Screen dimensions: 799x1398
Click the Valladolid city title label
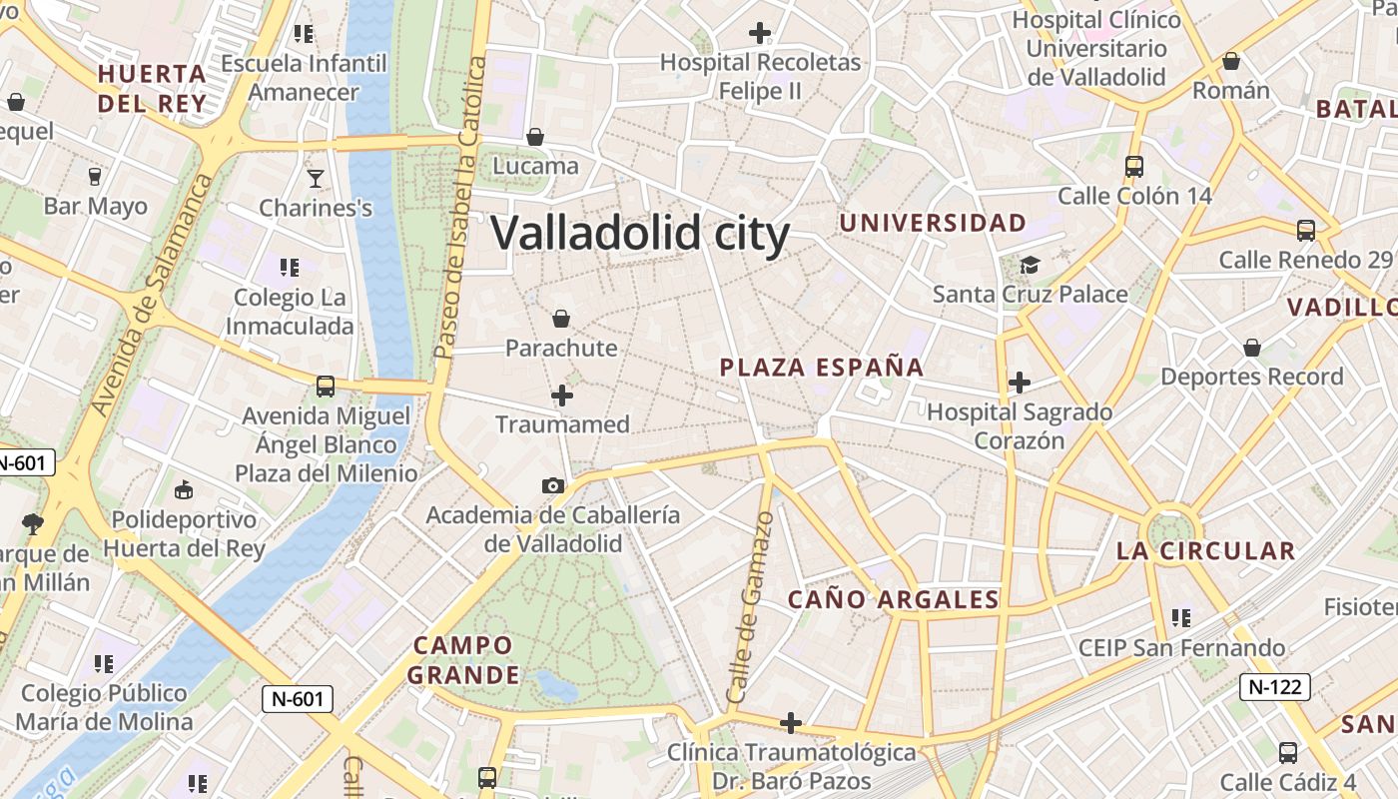click(640, 234)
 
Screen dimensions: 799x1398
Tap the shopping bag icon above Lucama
click(535, 136)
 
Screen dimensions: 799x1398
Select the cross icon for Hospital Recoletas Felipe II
click(760, 33)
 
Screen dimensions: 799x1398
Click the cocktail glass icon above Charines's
click(316, 179)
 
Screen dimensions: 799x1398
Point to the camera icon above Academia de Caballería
click(552, 485)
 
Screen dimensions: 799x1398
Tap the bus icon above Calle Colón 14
click(1133, 166)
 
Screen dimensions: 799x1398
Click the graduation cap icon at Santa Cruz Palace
click(1030, 265)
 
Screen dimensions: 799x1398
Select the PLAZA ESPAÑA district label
click(822, 367)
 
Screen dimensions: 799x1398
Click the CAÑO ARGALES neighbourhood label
click(893, 599)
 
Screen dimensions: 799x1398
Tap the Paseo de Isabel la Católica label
click(460, 208)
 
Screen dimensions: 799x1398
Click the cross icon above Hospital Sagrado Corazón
click(1019, 382)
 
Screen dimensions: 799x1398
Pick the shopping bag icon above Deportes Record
click(1252, 348)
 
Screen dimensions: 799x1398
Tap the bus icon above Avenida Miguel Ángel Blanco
click(325, 387)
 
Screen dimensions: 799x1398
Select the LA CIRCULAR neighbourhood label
click(1205, 550)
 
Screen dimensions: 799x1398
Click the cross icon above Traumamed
click(562, 396)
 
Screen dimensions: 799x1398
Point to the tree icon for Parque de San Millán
click(33, 522)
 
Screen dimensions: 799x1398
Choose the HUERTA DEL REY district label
click(153, 88)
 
